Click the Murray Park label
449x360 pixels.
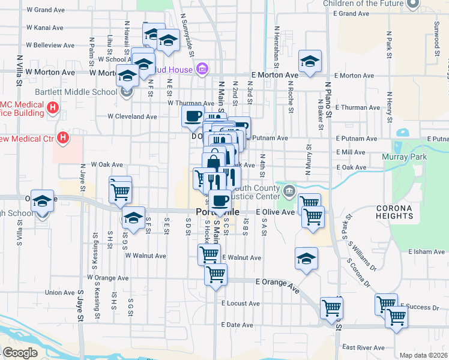(x=404, y=157)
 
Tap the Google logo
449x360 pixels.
(x=20, y=352)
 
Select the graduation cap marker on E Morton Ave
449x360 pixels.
(x=310, y=62)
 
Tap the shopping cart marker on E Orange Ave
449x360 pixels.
(x=215, y=275)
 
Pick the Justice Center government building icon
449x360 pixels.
(x=289, y=191)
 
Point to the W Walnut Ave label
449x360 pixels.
(x=145, y=256)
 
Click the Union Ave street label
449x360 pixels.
(x=60, y=293)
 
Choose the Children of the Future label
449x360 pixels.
(x=364, y=4)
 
